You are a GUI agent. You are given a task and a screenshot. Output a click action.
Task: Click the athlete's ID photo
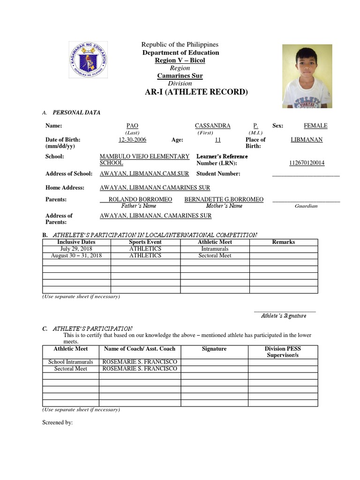pos(307,76)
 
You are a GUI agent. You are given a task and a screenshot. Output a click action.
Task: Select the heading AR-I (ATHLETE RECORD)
pos(196,92)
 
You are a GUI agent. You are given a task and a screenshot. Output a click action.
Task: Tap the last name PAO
pos(133,126)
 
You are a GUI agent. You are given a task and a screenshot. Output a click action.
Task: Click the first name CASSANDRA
pos(212,126)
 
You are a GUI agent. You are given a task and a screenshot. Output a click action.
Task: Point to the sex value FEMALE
pos(315,126)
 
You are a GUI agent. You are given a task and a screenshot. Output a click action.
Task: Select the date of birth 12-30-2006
pos(133,140)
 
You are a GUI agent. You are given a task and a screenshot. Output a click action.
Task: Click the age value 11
pos(217,140)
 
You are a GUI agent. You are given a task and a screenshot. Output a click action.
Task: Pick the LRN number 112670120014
pos(307,163)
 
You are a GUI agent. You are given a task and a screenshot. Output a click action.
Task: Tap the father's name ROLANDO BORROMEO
pos(140,199)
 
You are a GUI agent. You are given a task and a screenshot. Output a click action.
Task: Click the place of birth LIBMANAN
pos(307,140)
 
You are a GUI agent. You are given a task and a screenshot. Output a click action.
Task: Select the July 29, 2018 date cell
pos(77,248)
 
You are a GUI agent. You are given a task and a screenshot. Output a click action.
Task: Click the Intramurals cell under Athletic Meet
pos(215,249)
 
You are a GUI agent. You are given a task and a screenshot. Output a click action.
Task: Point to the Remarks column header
pos(283,242)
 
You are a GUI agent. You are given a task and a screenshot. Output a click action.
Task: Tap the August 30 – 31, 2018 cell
pos(77,255)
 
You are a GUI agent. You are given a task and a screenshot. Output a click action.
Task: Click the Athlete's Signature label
pos(283,315)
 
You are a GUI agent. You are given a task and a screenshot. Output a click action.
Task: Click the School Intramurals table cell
pos(71,362)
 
